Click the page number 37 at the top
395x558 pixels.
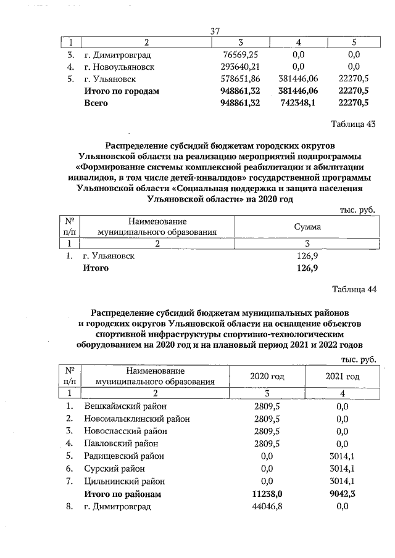click(x=215, y=31)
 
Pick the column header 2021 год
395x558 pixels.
click(x=342, y=376)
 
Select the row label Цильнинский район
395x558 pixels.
click(x=124, y=481)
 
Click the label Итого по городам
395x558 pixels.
click(x=122, y=91)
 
